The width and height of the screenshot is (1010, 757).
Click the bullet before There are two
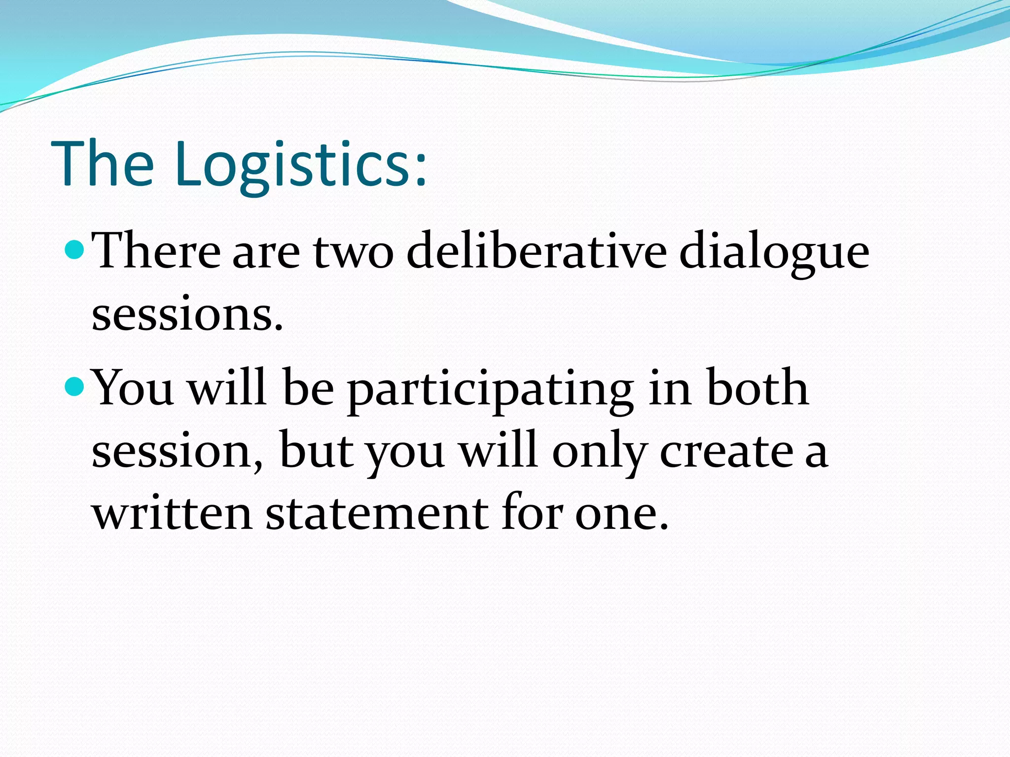pos(75,251)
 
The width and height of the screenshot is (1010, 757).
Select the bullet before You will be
pos(75,387)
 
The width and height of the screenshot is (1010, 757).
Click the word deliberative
pos(536,251)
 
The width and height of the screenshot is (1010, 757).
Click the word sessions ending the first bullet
pos(186,315)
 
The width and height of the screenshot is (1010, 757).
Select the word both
pos(757,388)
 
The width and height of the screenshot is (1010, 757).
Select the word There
pos(157,251)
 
